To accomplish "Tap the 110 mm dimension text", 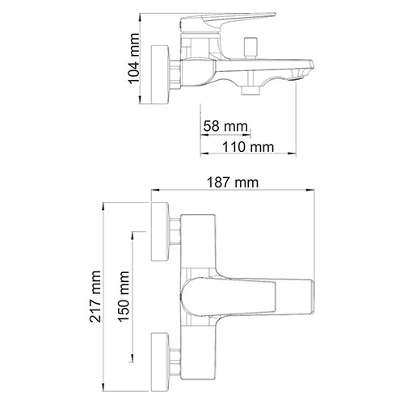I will coord(247,146).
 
